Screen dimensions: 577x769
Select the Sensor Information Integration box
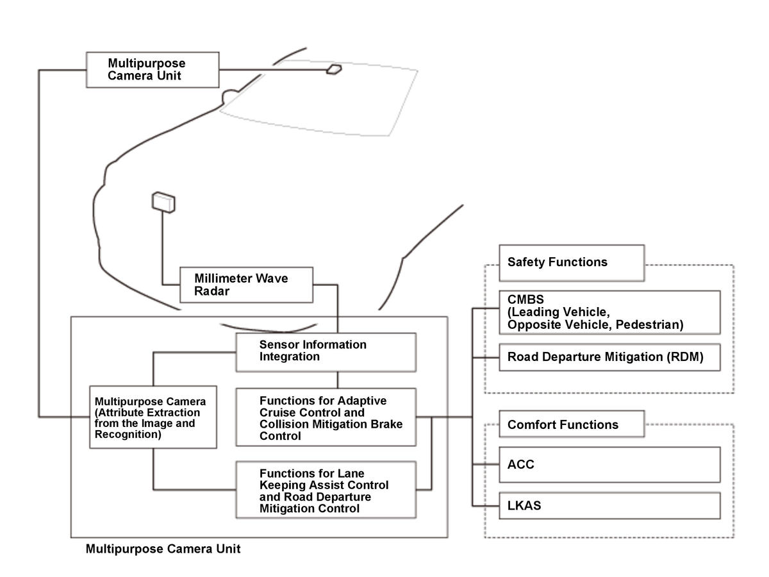326,351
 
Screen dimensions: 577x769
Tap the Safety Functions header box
571,262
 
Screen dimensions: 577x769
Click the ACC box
609,464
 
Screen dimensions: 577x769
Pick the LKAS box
609,505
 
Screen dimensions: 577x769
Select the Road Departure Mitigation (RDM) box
609,357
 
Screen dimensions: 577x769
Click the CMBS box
609,312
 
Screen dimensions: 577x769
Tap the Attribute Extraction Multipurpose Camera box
153,417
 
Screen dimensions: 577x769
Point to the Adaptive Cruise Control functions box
326,417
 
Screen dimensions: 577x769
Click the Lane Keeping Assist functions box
326,490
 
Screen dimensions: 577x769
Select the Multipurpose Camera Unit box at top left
152,69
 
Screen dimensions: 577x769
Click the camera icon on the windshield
335,69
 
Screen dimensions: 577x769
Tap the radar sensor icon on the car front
163,202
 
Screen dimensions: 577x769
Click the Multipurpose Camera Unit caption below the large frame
163,549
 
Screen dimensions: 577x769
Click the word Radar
213,291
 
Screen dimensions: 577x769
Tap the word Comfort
531,424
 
